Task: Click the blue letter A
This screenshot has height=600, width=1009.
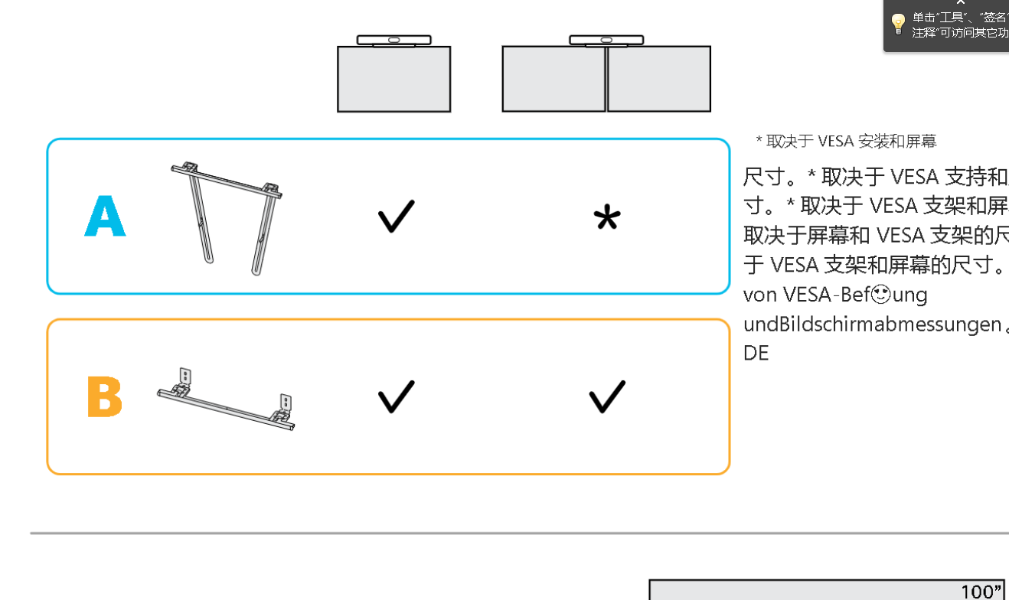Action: tap(105, 217)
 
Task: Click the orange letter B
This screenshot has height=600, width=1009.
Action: tap(104, 396)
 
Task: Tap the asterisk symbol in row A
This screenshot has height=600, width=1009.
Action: tap(606, 219)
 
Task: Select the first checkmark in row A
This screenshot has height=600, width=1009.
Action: tap(396, 217)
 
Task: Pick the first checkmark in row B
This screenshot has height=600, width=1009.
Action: tap(396, 396)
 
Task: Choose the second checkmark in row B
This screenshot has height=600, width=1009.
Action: tap(606, 396)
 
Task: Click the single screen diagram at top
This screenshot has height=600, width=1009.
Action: tap(393, 79)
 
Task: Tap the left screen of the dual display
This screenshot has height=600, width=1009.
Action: tap(553, 79)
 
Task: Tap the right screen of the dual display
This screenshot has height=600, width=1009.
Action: tap(659, 79)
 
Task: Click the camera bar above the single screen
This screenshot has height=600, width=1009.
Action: tap(393, 40)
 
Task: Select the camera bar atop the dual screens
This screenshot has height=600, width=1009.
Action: tap(606, 40)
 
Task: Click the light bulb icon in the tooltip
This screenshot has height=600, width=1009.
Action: tap(898, 24)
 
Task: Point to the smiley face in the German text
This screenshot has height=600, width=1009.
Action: tap(880, 294)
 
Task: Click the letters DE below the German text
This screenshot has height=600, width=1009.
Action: tap(756, 353)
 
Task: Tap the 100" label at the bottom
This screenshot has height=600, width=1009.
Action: tap(981, 591)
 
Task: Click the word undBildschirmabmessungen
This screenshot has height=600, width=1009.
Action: tap(872, 324)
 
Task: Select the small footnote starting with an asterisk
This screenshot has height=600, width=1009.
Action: tap(846, 141)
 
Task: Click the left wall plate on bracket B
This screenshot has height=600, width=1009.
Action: tap(184, 376)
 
